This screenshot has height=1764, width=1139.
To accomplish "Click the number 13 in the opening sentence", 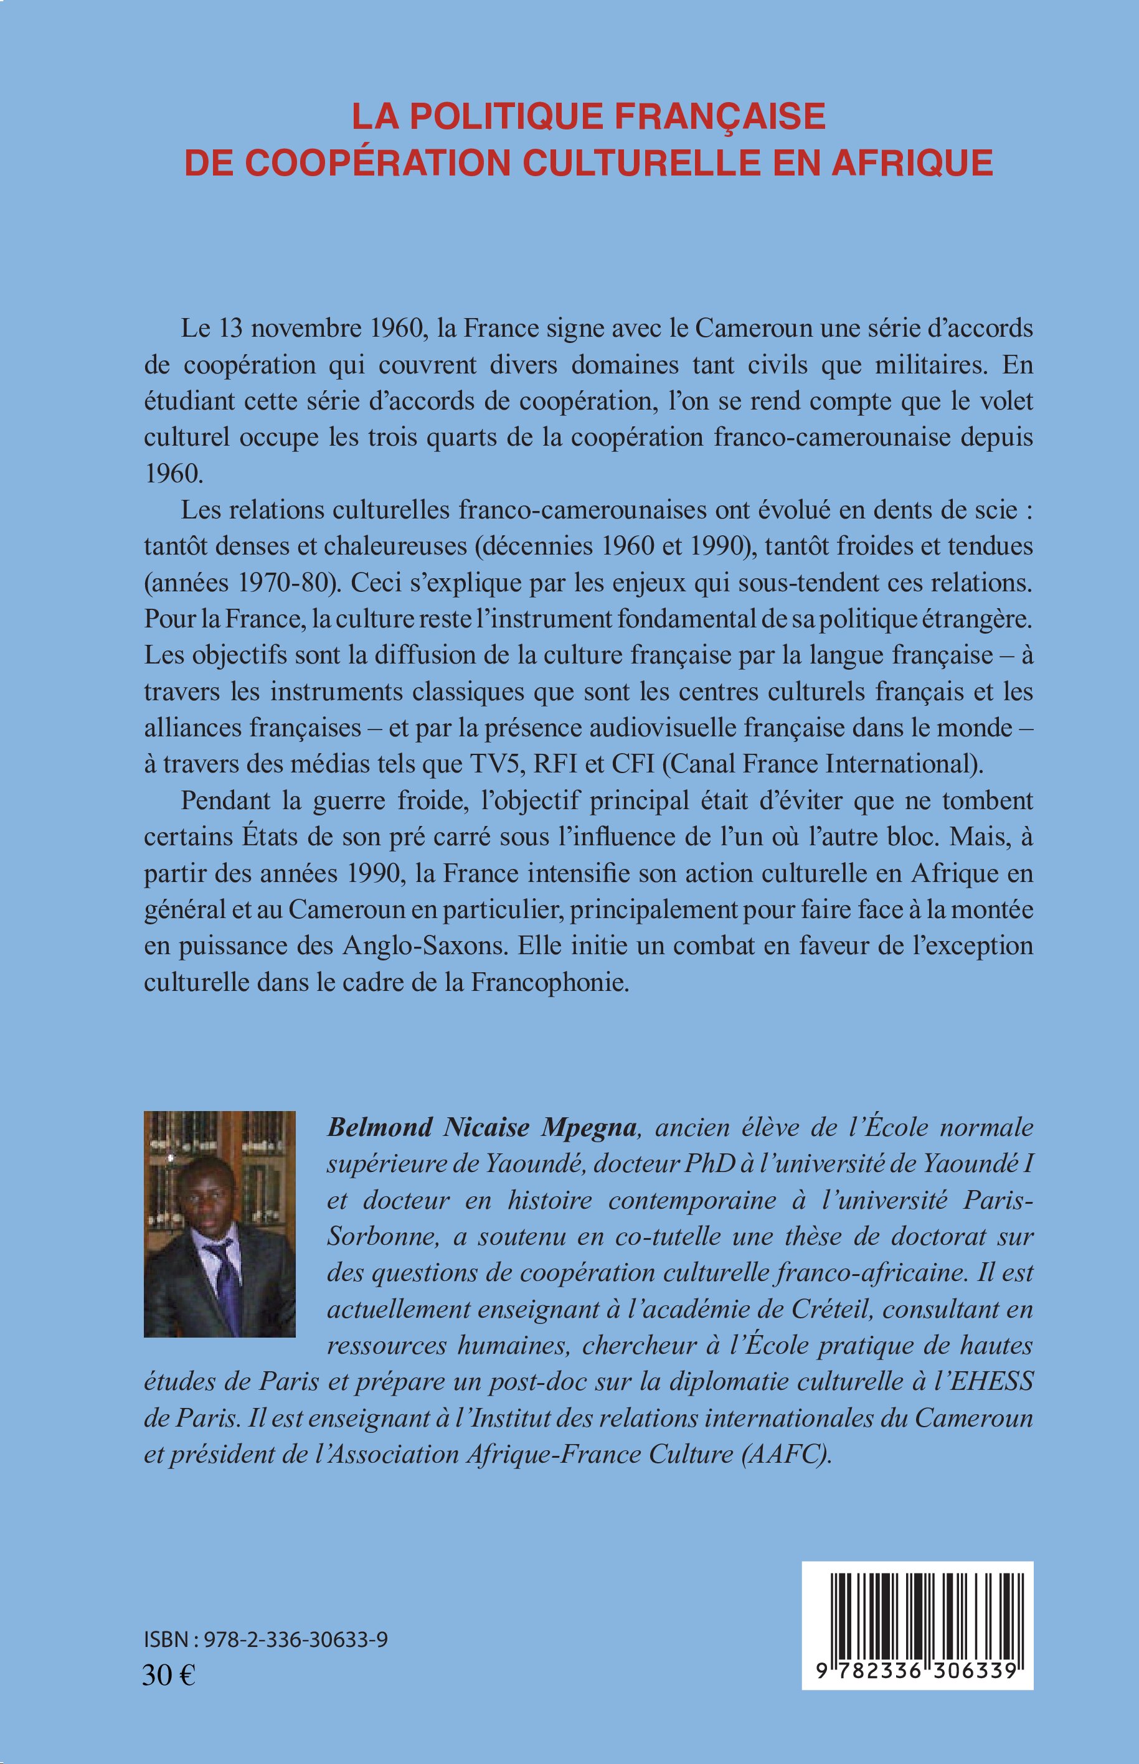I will (230, 329).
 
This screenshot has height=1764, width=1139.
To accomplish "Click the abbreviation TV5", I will (497, 764).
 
